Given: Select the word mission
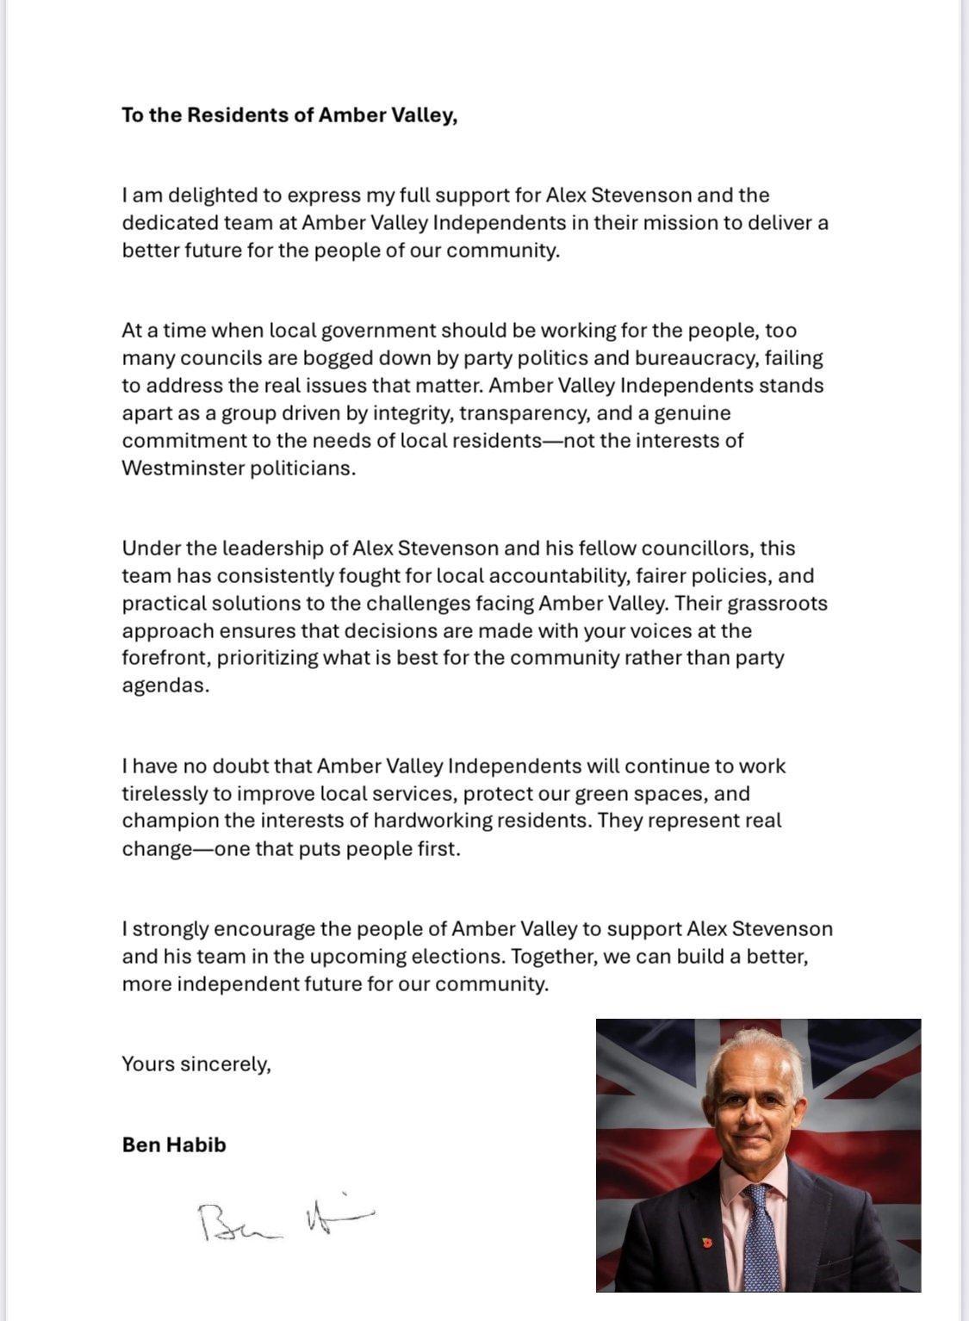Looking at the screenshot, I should (x=682, y=223).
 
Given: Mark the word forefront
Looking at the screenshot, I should (x=165, y=658).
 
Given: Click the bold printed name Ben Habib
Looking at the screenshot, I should (x=174, y=1144).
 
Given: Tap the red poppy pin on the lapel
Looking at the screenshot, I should (x=707, y=1243).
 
